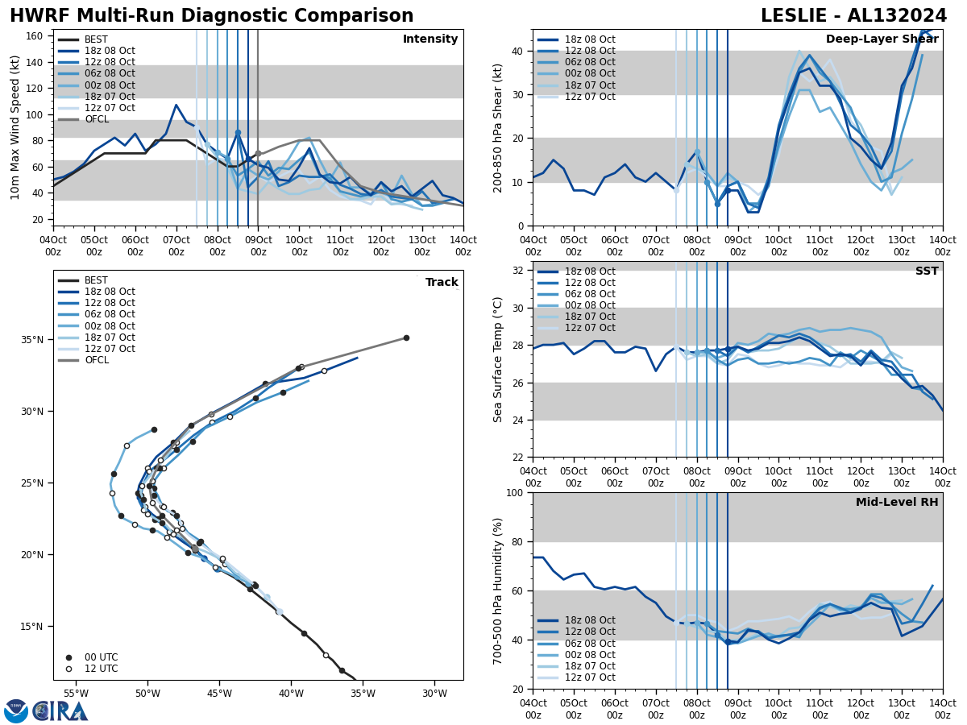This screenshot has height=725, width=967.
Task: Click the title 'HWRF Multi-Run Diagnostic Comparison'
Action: [x=211, y=16]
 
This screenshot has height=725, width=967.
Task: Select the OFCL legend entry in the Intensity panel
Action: [x=96, y=119]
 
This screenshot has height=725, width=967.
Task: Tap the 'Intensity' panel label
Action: [x=430, y=39]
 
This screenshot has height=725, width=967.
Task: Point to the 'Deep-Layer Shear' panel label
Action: [x=882, y=39]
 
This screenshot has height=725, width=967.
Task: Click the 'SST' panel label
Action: [x=926, y=271]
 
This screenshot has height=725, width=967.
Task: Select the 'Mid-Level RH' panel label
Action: [x=897, y=503]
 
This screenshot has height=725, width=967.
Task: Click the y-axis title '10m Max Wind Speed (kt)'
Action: [x=15, y=127]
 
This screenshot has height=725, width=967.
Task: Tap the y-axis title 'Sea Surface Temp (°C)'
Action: [x=498, y=359]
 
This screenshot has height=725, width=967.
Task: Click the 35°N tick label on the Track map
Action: [x=33, y=340]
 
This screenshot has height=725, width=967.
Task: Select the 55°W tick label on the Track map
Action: [x=76, y=693]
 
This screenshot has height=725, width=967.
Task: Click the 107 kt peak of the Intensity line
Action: [x=176, y=105]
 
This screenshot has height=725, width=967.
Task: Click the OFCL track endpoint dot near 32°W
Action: [x=406, y=338]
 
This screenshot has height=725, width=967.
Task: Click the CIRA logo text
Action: [x=60, y=711]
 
